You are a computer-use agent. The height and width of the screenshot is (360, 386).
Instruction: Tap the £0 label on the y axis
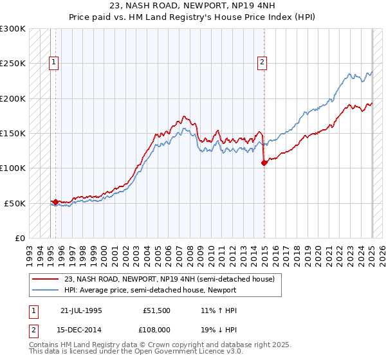coord(20,238)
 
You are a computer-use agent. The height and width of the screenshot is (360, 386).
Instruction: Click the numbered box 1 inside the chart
coord(53,62)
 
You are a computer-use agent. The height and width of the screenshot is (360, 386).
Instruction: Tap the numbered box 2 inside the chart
coord(263,62)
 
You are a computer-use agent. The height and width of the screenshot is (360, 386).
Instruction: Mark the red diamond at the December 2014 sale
coord(264,163)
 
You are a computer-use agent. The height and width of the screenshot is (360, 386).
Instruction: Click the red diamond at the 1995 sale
coord(55,202)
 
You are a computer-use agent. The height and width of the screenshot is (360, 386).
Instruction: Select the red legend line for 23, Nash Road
coord(46,279)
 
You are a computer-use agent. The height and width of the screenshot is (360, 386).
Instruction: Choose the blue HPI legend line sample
coord(46,290)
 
